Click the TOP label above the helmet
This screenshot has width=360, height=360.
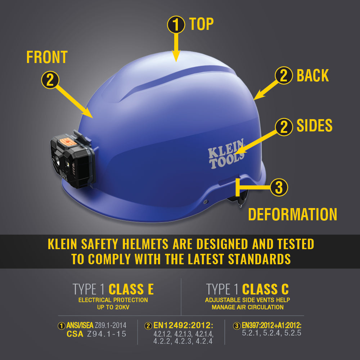pyautogui.click(x=201, y=24)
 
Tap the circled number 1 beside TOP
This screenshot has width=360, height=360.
pyautogui.click(x=176, y=24)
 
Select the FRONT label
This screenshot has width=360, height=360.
pyautogui.click(x=47, y=57)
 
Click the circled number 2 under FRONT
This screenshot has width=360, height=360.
pyautogui.click(x=50, y=80)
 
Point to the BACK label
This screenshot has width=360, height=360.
pyautogui.click(x=312, y=76)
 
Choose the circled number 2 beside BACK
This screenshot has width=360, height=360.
pyautogui.click(x=284, y=76)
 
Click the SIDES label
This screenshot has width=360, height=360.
pyautogui.click(x=314, y=126)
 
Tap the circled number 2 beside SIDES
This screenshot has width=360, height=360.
pyautogui.click(x=284, y=127)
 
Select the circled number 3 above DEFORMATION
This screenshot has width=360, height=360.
pyautogui.click(x=279, y=187)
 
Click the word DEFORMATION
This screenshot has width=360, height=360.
pyautogui.click(x=292, y=215)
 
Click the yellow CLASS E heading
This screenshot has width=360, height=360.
pyautogui.click(x=131, y=289)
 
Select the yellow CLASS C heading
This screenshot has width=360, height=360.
pyautogui.click(x=265, y=289)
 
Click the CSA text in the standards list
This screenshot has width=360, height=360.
pyautogui.click(x=75, y=334)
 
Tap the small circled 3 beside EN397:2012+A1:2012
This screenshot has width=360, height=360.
pyautogui.click(x=237, y=326)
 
